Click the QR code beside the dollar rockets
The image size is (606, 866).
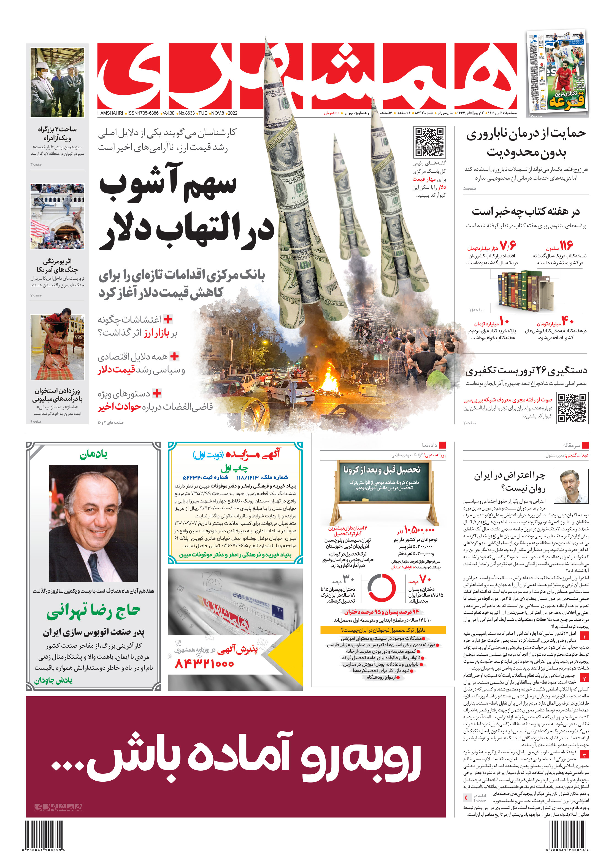429,142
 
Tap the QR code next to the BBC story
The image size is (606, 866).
572,408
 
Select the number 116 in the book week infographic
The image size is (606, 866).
566,246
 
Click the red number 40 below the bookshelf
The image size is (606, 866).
567,321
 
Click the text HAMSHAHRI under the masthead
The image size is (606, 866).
110,113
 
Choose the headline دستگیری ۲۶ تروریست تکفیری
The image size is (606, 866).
526,371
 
